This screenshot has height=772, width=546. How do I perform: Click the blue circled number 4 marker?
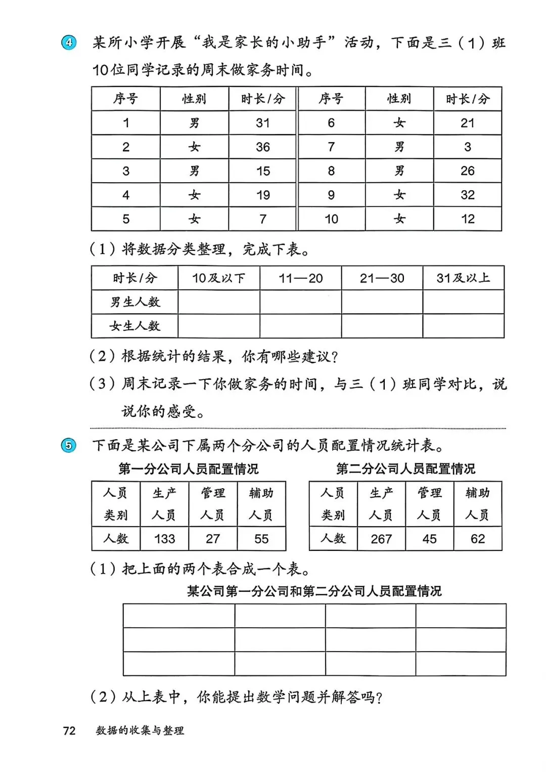[69, 42]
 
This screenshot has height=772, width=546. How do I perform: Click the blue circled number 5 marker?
[69, 446]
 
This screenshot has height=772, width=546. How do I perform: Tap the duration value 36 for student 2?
[263, 147]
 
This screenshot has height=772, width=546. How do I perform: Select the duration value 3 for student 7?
[468, 147]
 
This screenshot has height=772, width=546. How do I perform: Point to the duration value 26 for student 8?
[468, 171]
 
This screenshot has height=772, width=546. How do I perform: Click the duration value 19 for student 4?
[263, 195]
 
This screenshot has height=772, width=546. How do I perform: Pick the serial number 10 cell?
[331, 219]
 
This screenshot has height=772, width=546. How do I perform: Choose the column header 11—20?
[301, 278]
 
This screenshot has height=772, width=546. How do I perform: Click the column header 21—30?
[382, 278]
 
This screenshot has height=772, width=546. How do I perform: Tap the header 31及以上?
[463, 278]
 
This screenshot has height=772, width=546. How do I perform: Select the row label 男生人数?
[135, 302]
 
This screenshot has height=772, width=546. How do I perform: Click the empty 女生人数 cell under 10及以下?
[219, 326]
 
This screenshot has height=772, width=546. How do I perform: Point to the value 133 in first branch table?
[164, 539]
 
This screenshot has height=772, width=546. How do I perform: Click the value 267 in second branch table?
[381, 539]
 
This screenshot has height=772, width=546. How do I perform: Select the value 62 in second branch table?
[478, 539]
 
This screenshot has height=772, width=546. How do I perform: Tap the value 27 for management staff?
[213, 539]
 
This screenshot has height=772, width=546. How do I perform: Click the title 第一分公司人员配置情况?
[188, 469]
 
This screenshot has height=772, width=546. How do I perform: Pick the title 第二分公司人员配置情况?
[405, 469]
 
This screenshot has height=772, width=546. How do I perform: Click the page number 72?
[69, 731]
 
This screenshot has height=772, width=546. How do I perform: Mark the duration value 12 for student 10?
[468, 219]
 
